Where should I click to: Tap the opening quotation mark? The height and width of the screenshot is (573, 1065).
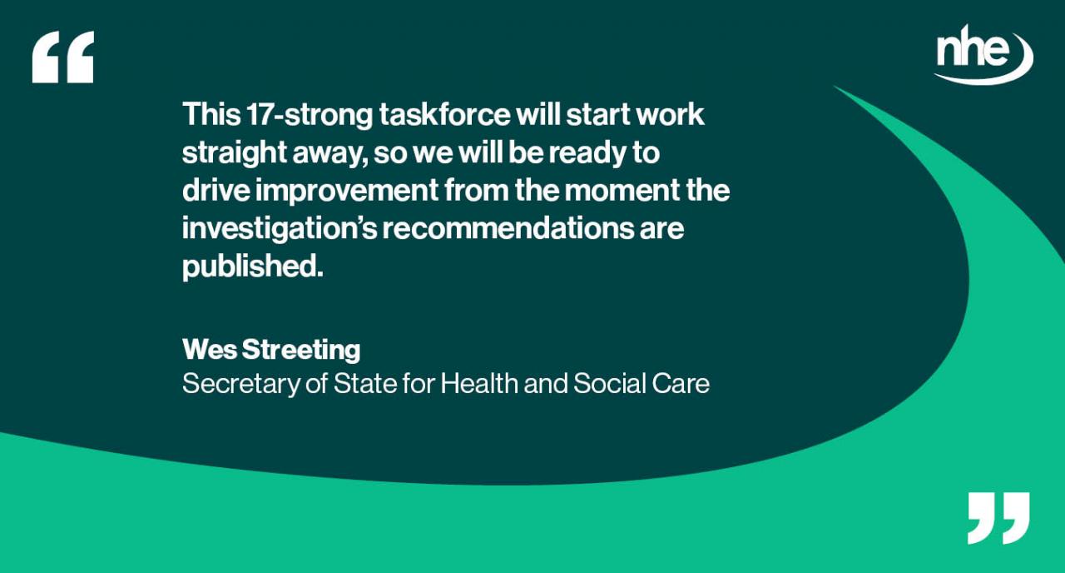62,57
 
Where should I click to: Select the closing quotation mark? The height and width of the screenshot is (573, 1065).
998,517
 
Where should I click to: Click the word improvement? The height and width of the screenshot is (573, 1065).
345,191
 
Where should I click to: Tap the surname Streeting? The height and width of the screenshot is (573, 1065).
301,350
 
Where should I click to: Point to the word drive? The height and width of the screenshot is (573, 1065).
215,191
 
